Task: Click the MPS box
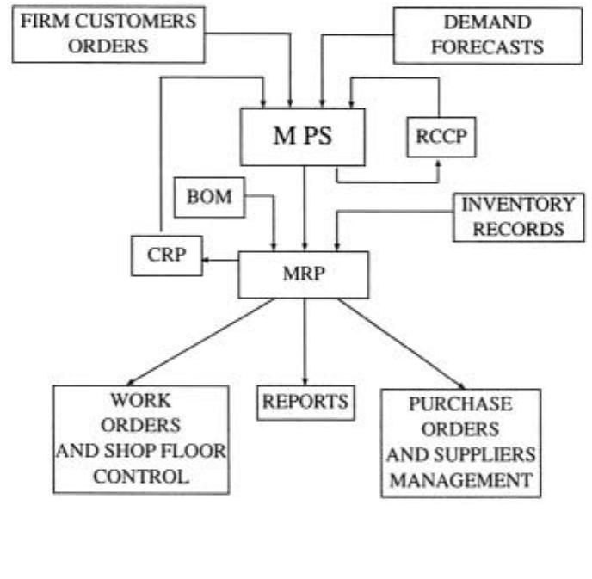[x=304, y=137]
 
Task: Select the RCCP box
[x=441, y=137]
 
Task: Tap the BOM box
[x=209, y=197]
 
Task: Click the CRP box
[x=165, y=256]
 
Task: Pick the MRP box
[x=304, y=275]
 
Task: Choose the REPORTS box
[x=305, y=402]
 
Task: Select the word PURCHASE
[x=459, y=404]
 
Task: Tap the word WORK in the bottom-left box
[x=140, y=401]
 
